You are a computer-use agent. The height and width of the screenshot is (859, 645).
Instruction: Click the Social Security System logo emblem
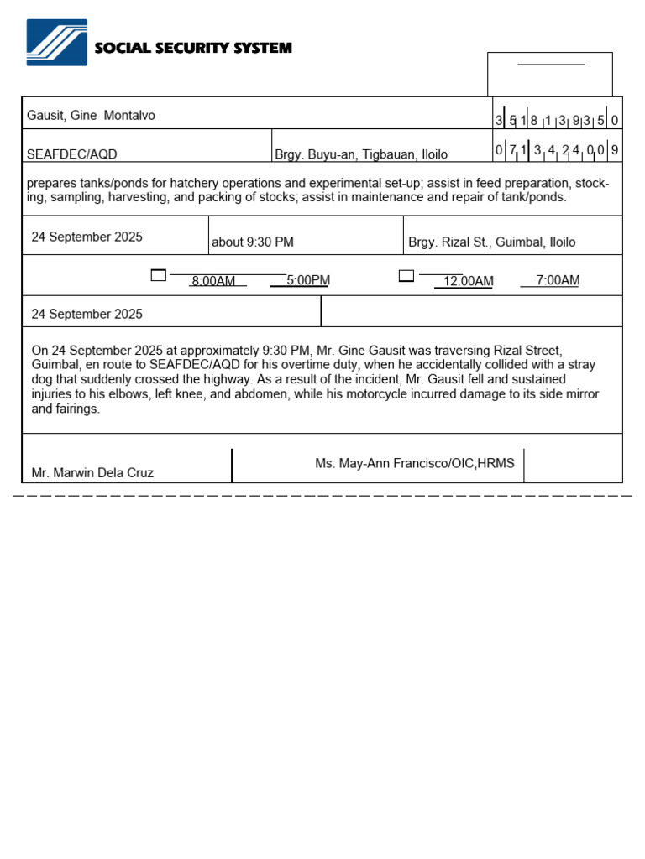(x=56, y=43)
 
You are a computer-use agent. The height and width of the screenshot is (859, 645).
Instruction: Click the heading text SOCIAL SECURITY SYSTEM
(x=193, y=48)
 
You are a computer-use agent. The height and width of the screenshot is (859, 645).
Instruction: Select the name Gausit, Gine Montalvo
(x=91, y=116)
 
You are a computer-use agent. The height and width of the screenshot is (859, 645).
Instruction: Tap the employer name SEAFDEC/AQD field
(x=72, y=154)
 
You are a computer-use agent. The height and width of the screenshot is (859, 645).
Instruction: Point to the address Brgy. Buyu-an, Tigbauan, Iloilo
(x=361, y=154)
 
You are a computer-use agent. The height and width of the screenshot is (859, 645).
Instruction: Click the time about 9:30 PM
(x=253, y=242)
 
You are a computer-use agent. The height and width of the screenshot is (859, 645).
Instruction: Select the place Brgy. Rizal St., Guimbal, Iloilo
(x=492, y=242)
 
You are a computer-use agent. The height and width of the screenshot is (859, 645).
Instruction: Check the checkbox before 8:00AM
(x=158, y=275)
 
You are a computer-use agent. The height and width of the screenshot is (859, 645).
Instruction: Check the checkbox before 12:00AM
(x=406, y=275)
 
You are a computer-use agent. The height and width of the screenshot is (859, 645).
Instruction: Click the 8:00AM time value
(x=213, y=281)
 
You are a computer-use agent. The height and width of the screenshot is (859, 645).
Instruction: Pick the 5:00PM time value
(x=308, y=280)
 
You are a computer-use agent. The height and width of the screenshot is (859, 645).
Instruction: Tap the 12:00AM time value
(x=468, y=281)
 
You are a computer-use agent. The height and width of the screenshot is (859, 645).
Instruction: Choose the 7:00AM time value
(x=558, y=280)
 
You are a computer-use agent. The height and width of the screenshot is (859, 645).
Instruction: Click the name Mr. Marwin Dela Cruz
(x=92, y=473)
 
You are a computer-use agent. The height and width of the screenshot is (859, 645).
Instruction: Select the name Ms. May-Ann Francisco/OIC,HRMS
(x=415, y=463)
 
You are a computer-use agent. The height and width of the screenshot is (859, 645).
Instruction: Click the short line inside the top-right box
(x=550, y=65)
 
